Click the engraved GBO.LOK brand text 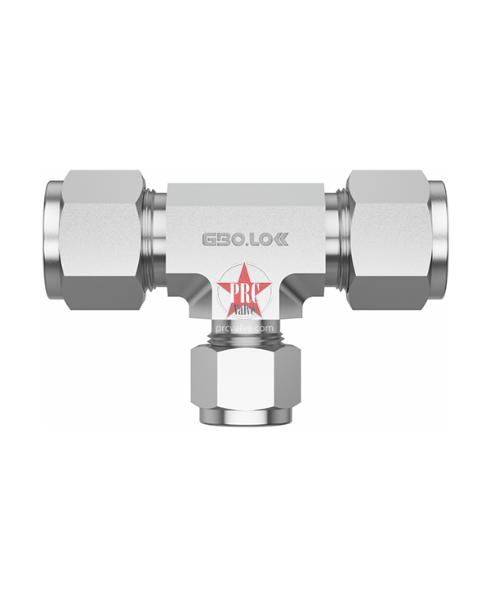244,239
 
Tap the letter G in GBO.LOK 211,239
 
